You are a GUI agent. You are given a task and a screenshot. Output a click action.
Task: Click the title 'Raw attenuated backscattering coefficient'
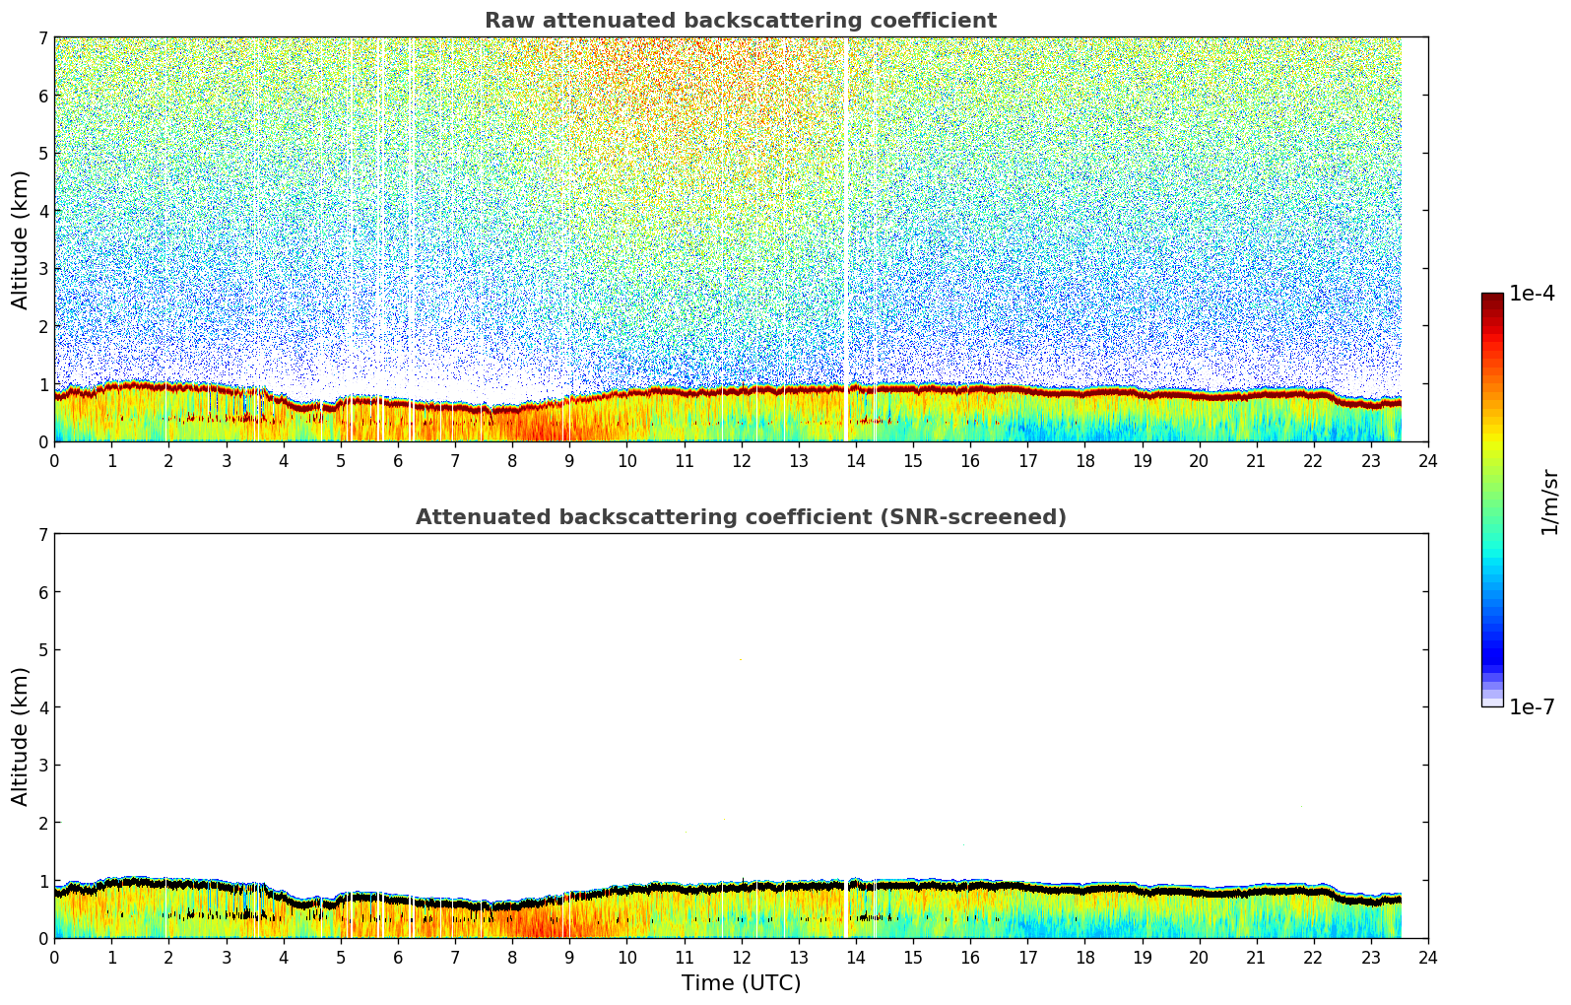(x=740, y=21)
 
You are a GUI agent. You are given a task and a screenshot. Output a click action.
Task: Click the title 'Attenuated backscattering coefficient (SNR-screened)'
(x=740, y=517)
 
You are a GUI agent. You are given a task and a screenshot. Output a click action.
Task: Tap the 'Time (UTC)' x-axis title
(x=741, y=983)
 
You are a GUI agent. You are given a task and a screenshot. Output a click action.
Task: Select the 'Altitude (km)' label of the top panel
(x=21, y=239)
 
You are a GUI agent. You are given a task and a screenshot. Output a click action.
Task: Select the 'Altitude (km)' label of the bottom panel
(x=21, y=736)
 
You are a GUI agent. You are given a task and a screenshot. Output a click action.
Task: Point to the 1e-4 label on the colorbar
(x=1532, y=294)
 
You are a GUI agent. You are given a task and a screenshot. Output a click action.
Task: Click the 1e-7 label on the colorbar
(x=1532, y=707)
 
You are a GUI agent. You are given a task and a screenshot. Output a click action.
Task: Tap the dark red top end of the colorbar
(x=1492, y=298)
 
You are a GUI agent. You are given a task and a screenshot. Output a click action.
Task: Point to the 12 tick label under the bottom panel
(x=741, y=958)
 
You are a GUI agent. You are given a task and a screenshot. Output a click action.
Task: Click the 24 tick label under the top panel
(x=1428, y=461)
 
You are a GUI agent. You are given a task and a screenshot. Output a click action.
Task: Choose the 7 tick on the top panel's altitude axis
(x=42, y=38)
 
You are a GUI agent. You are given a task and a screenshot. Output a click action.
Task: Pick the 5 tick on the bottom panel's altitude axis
(x=42, y=650)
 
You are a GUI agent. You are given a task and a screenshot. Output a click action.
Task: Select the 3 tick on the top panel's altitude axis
(x=42, y=269)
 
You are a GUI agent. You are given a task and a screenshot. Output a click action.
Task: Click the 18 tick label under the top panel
(x=1084, y=461)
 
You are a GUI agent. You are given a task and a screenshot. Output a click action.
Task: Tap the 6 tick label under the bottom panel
(x=398, y=958)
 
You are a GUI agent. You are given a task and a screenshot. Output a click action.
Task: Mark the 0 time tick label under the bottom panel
(x=54, y=958)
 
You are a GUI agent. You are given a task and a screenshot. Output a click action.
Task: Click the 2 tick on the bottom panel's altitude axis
(x=42, y=823)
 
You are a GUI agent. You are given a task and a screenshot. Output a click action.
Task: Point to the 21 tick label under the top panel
(x=1256, y=461)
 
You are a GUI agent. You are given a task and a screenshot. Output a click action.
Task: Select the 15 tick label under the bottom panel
(x=913, y=958)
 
